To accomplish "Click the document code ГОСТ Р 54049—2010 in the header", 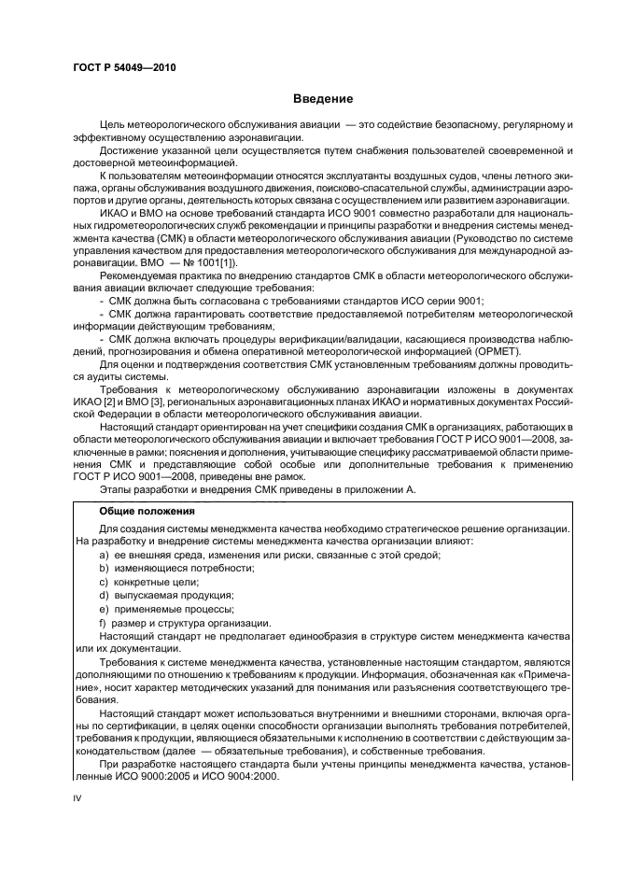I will (124, 68).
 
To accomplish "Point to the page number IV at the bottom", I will (77, 797).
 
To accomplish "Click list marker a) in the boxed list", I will (104, 555).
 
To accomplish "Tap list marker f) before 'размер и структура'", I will (103, 621).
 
